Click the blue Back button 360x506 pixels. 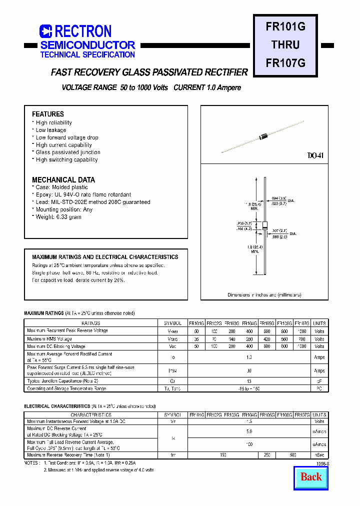311,476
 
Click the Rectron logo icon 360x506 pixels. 45,31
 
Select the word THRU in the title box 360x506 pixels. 285,44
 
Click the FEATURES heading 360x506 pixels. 48,114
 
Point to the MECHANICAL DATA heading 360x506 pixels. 63,179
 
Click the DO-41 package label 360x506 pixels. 315,156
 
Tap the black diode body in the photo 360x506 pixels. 264,135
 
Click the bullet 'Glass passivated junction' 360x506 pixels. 68,152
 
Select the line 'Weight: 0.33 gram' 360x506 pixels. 58,217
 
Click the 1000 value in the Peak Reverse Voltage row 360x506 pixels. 302,331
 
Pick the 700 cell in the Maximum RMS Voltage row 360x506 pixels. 302,339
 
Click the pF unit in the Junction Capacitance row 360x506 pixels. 319,381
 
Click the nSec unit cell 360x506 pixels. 319,455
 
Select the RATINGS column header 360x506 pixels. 90,323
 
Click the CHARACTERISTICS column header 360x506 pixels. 90,415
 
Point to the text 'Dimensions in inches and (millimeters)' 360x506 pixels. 264,295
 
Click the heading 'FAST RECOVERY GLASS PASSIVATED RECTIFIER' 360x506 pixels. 149,72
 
